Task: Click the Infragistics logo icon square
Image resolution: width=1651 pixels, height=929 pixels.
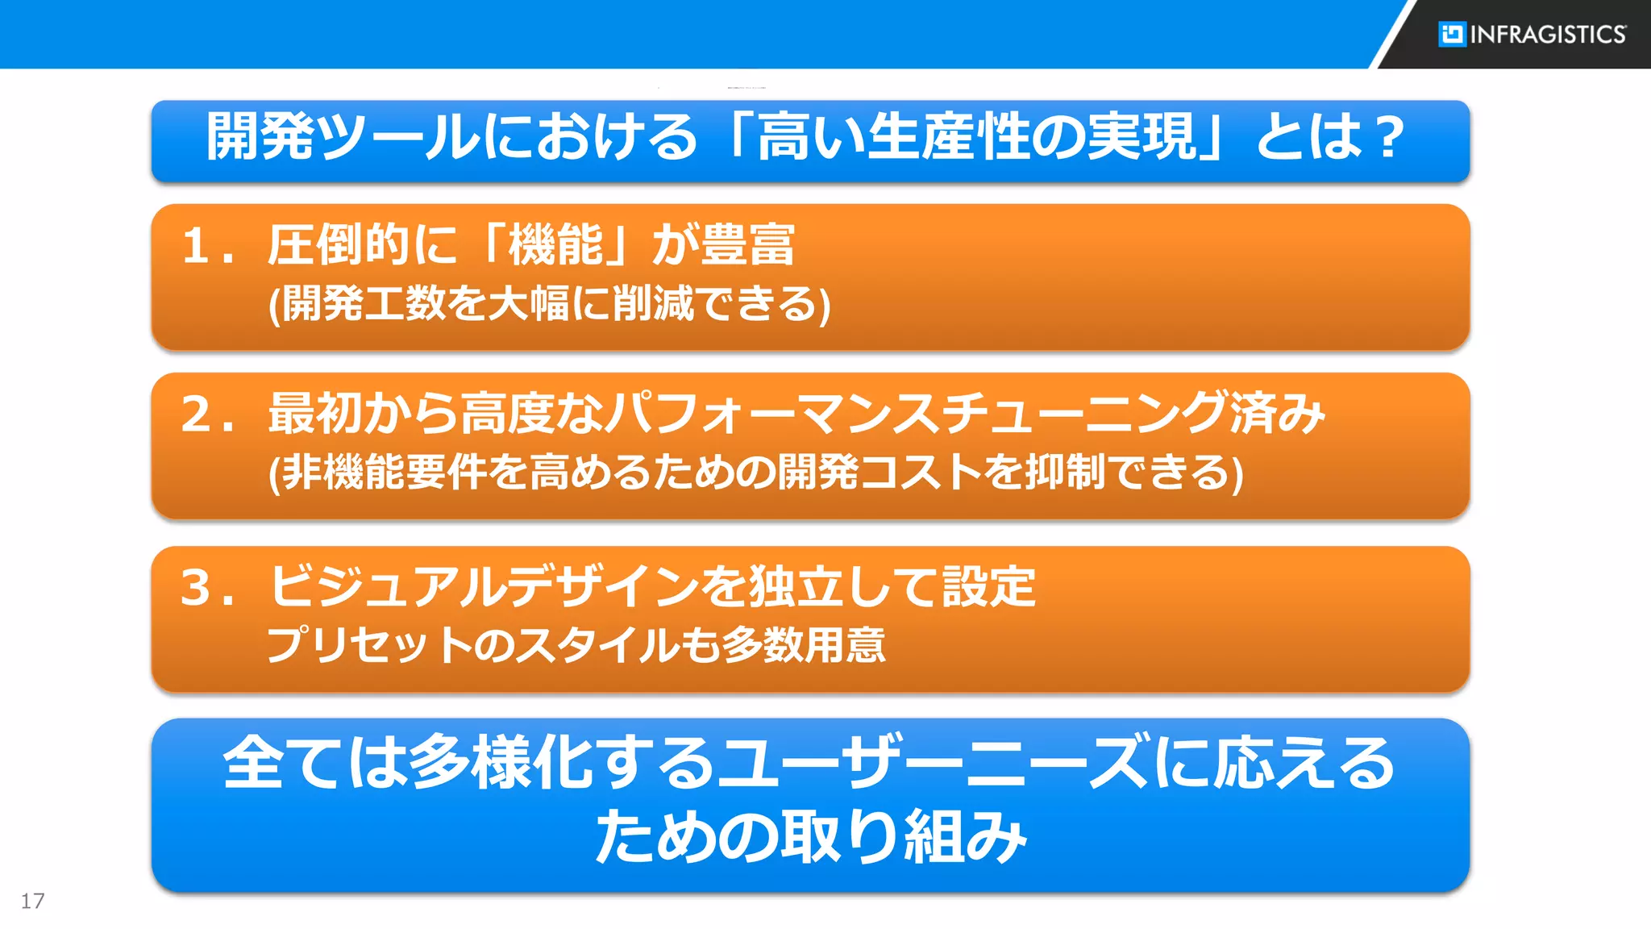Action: [1452, 34]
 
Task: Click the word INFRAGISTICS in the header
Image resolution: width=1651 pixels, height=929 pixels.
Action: [1549, 35]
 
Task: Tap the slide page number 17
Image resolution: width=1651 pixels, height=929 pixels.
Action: [32, 901]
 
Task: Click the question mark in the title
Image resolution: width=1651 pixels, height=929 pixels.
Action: [1391, 137]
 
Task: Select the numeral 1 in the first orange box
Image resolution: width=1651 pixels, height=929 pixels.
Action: [195, 246]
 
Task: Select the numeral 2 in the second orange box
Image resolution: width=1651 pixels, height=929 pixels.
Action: [197, 415]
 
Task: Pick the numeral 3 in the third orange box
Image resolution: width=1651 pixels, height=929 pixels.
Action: [196, 587]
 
